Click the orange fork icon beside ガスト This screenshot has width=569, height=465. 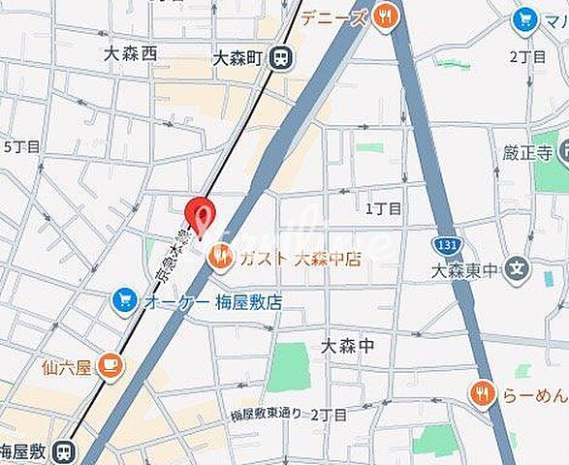point(221,257)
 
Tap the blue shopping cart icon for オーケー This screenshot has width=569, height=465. point(124,300)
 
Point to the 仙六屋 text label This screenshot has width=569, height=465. point(67,367)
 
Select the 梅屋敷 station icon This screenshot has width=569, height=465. point(64,450)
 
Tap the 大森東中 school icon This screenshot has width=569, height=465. point(520,267)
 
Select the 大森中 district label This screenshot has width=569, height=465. point(346,346)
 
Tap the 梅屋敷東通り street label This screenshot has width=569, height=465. point(267,415)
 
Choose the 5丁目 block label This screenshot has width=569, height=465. point(21,147)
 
